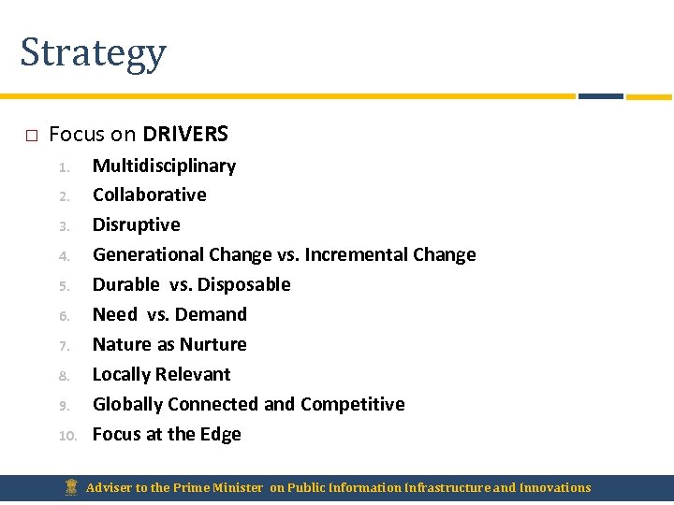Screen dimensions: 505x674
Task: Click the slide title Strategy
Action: click(93, 53)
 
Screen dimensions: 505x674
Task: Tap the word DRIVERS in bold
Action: click(185, 134)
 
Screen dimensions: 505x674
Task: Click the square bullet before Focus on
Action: click(30, 136)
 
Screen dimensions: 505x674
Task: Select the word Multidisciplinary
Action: click(164, 166)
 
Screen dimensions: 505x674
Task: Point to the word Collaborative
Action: click(149, 195)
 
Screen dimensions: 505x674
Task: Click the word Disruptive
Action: click(136, 224)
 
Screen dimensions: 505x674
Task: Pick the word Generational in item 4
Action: click(148, 254)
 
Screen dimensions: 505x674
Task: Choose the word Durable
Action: click(126, 284)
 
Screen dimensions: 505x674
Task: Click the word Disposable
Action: click(243, 284)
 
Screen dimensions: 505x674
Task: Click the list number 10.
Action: click(66, 435)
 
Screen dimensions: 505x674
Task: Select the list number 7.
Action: click(65, 345)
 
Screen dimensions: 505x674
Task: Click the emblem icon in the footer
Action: click(70, 487)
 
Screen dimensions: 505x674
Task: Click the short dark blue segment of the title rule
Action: click(600, 95)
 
